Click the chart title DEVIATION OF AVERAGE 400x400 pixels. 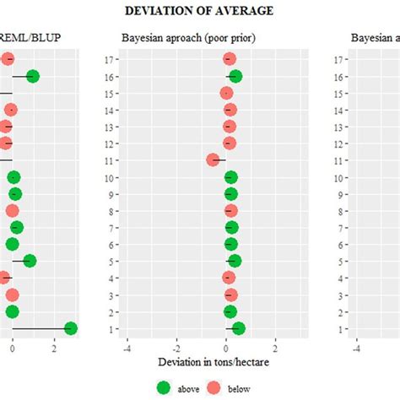pyautogui.click(x=200, y=10)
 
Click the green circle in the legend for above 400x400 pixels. pyautogui.click(x=165, y=386)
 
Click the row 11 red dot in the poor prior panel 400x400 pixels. pyautogui.click(x=214, y=160)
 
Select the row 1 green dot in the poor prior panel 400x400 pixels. pyautogui.click(x=238, y=328)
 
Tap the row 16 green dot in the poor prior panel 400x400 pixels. pyautogui.click(x=235, y=77)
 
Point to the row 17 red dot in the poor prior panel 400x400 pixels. pyautogui.click(x=229, y=59)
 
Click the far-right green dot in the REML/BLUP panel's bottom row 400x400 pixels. pyautogui.click(x=71, y=328)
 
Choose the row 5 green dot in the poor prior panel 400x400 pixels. pyautogui.click(x=234, y=261)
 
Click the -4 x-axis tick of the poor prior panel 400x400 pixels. pyautogui.click(x=127, y=346)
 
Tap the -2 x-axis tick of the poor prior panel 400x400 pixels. pyautogui.click(x=176, y=346)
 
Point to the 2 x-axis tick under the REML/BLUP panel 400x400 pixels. pyautogui.click(x=54, y=346)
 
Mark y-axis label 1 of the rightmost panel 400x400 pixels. pyautogui.click(x=338, y=328)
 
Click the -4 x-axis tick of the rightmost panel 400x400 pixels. pyautogui.click(x=356, y=346)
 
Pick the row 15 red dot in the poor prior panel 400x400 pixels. pyautogui.click(x=226, y=93)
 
